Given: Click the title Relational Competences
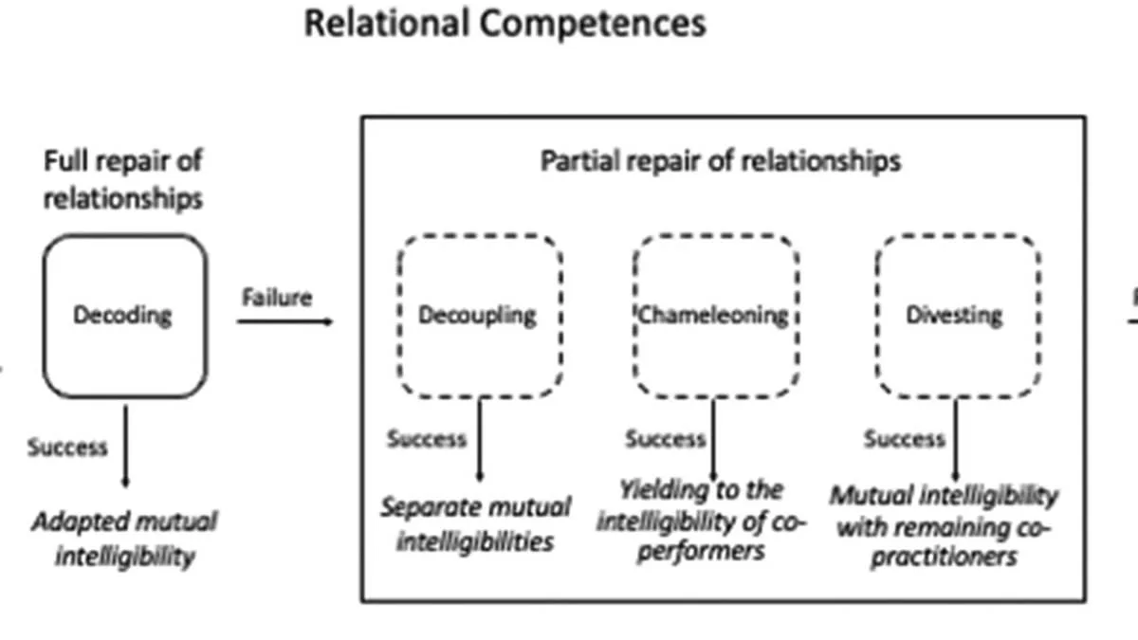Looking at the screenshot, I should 505,23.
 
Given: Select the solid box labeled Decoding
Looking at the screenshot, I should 124,315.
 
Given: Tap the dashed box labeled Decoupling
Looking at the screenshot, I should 479,316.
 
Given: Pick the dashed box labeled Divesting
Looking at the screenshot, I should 955,316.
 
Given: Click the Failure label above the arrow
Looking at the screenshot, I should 276,298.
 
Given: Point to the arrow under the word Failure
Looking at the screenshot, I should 284,322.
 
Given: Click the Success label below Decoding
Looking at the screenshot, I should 67,446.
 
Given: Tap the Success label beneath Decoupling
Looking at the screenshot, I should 427,439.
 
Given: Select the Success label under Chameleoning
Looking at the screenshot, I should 666,439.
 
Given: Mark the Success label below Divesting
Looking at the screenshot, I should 905,439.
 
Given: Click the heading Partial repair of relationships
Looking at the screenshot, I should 721,161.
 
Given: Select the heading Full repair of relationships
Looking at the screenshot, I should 123,178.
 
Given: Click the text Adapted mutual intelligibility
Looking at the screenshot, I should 124,538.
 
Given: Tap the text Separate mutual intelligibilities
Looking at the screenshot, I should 475,523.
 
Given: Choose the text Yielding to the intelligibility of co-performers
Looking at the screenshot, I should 701,520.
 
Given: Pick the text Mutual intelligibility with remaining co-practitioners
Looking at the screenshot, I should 945,525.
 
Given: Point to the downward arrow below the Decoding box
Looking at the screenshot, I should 125,446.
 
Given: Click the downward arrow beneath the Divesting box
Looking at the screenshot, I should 955,441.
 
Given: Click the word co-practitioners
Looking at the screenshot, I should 945,556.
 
